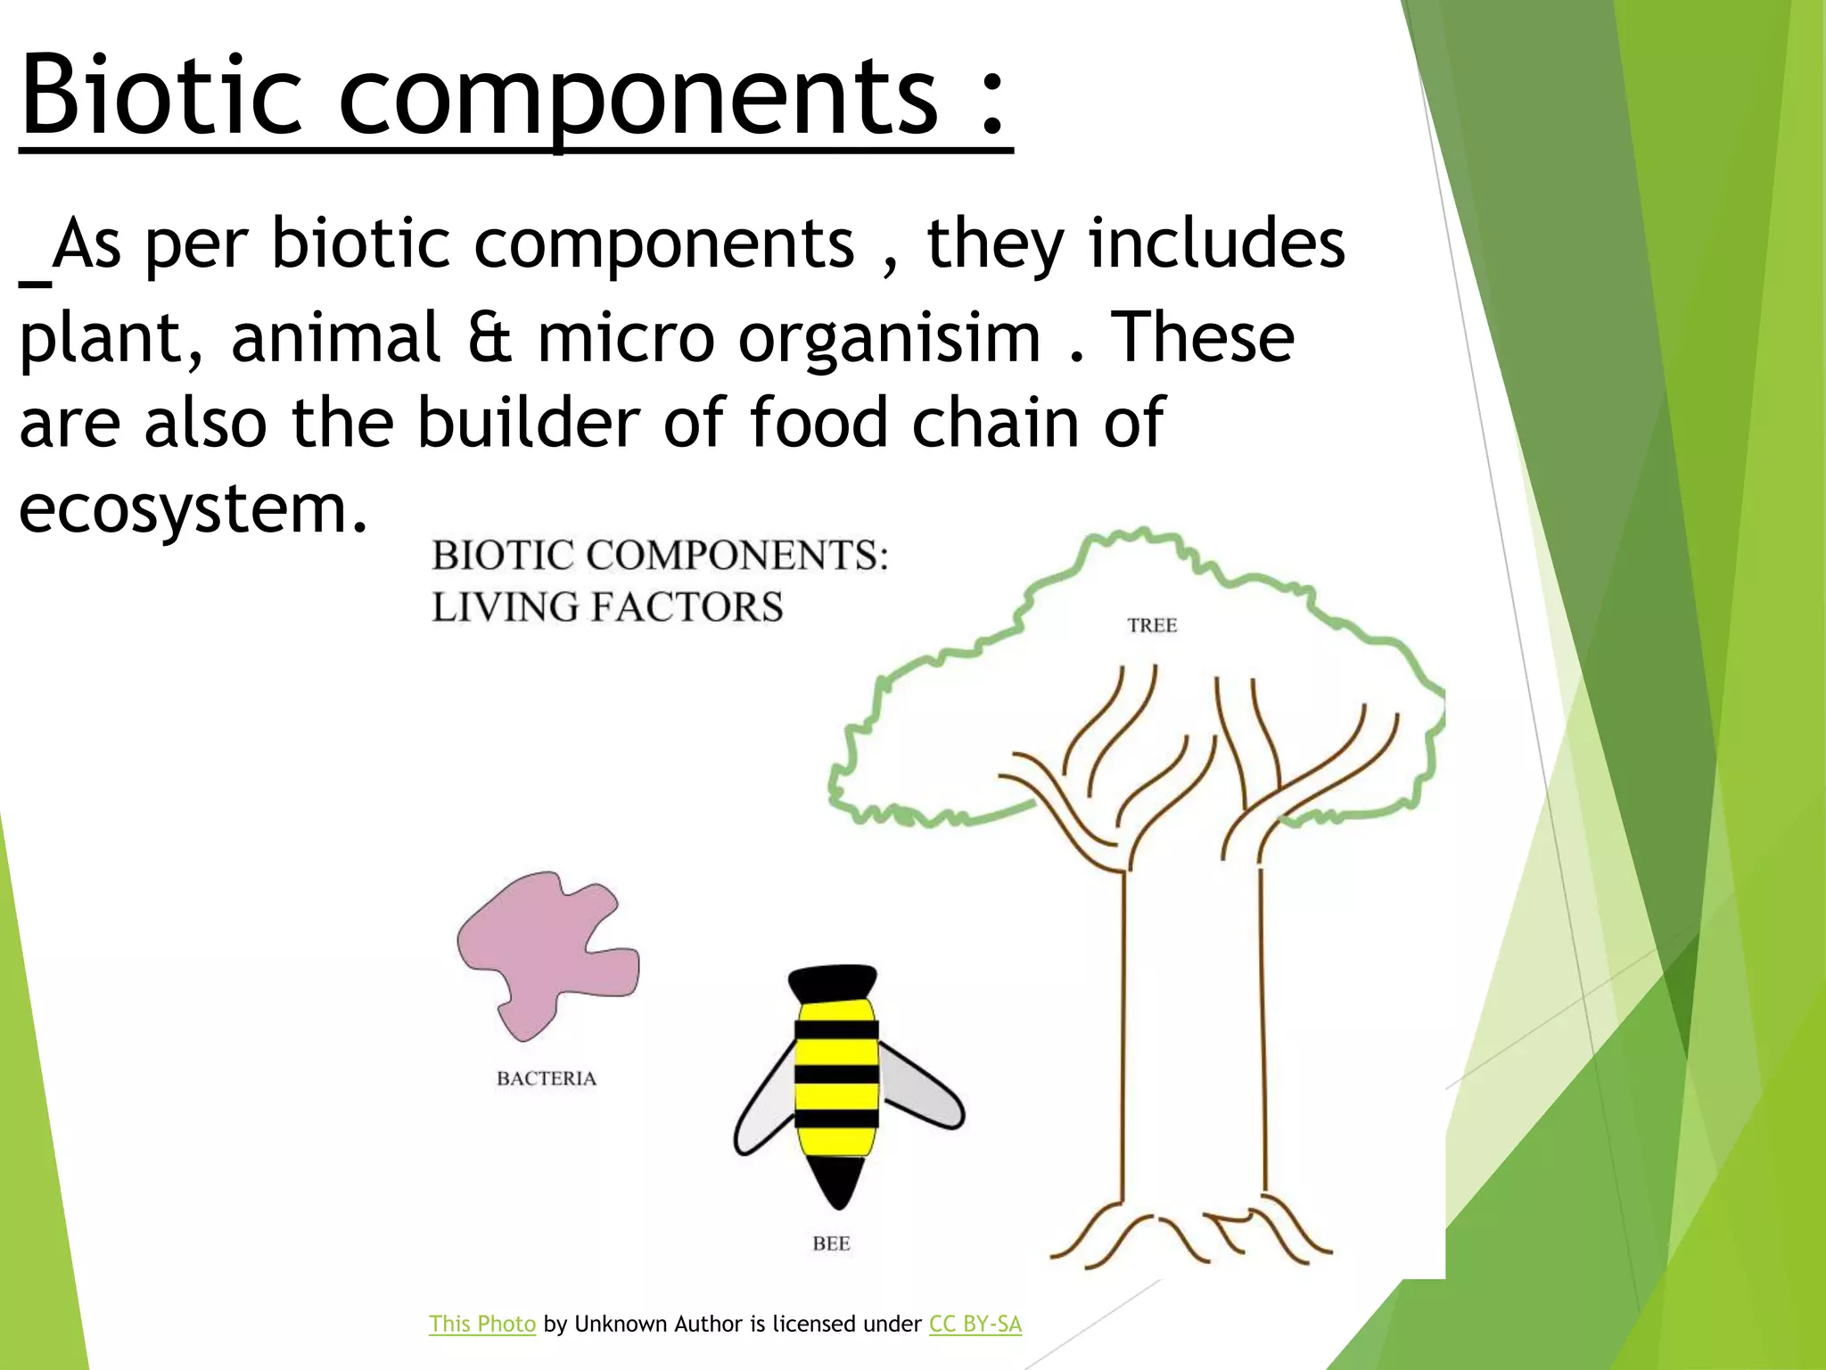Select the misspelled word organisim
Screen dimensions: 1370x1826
[889, 339]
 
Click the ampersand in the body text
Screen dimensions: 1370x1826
[489, 339]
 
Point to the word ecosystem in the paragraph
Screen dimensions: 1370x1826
[193, 509]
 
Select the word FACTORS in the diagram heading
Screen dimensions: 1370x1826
[687, 607]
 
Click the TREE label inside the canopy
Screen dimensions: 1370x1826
[1152, 625]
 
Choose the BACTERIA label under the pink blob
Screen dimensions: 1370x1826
[547, 1078]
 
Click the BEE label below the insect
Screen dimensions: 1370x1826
[831, 1243]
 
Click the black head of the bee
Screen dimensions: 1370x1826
[833, 981]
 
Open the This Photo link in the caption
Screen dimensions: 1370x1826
[482, 1324]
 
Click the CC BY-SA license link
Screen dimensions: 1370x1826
[975, 1324]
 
